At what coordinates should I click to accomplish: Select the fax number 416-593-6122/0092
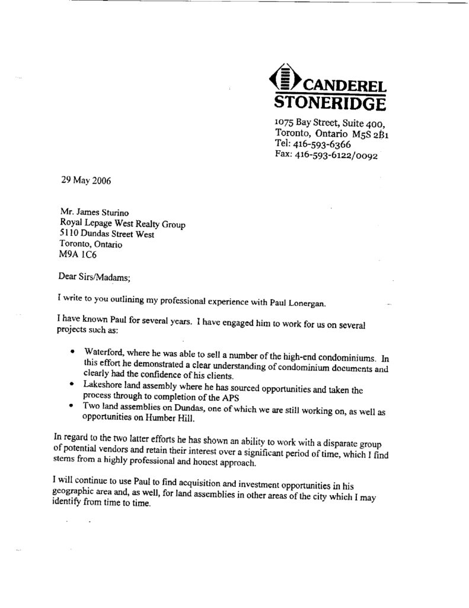pyautogui.click(x=335, y=156)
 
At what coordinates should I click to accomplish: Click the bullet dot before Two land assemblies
pyautogui.click(x=71, y=407)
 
